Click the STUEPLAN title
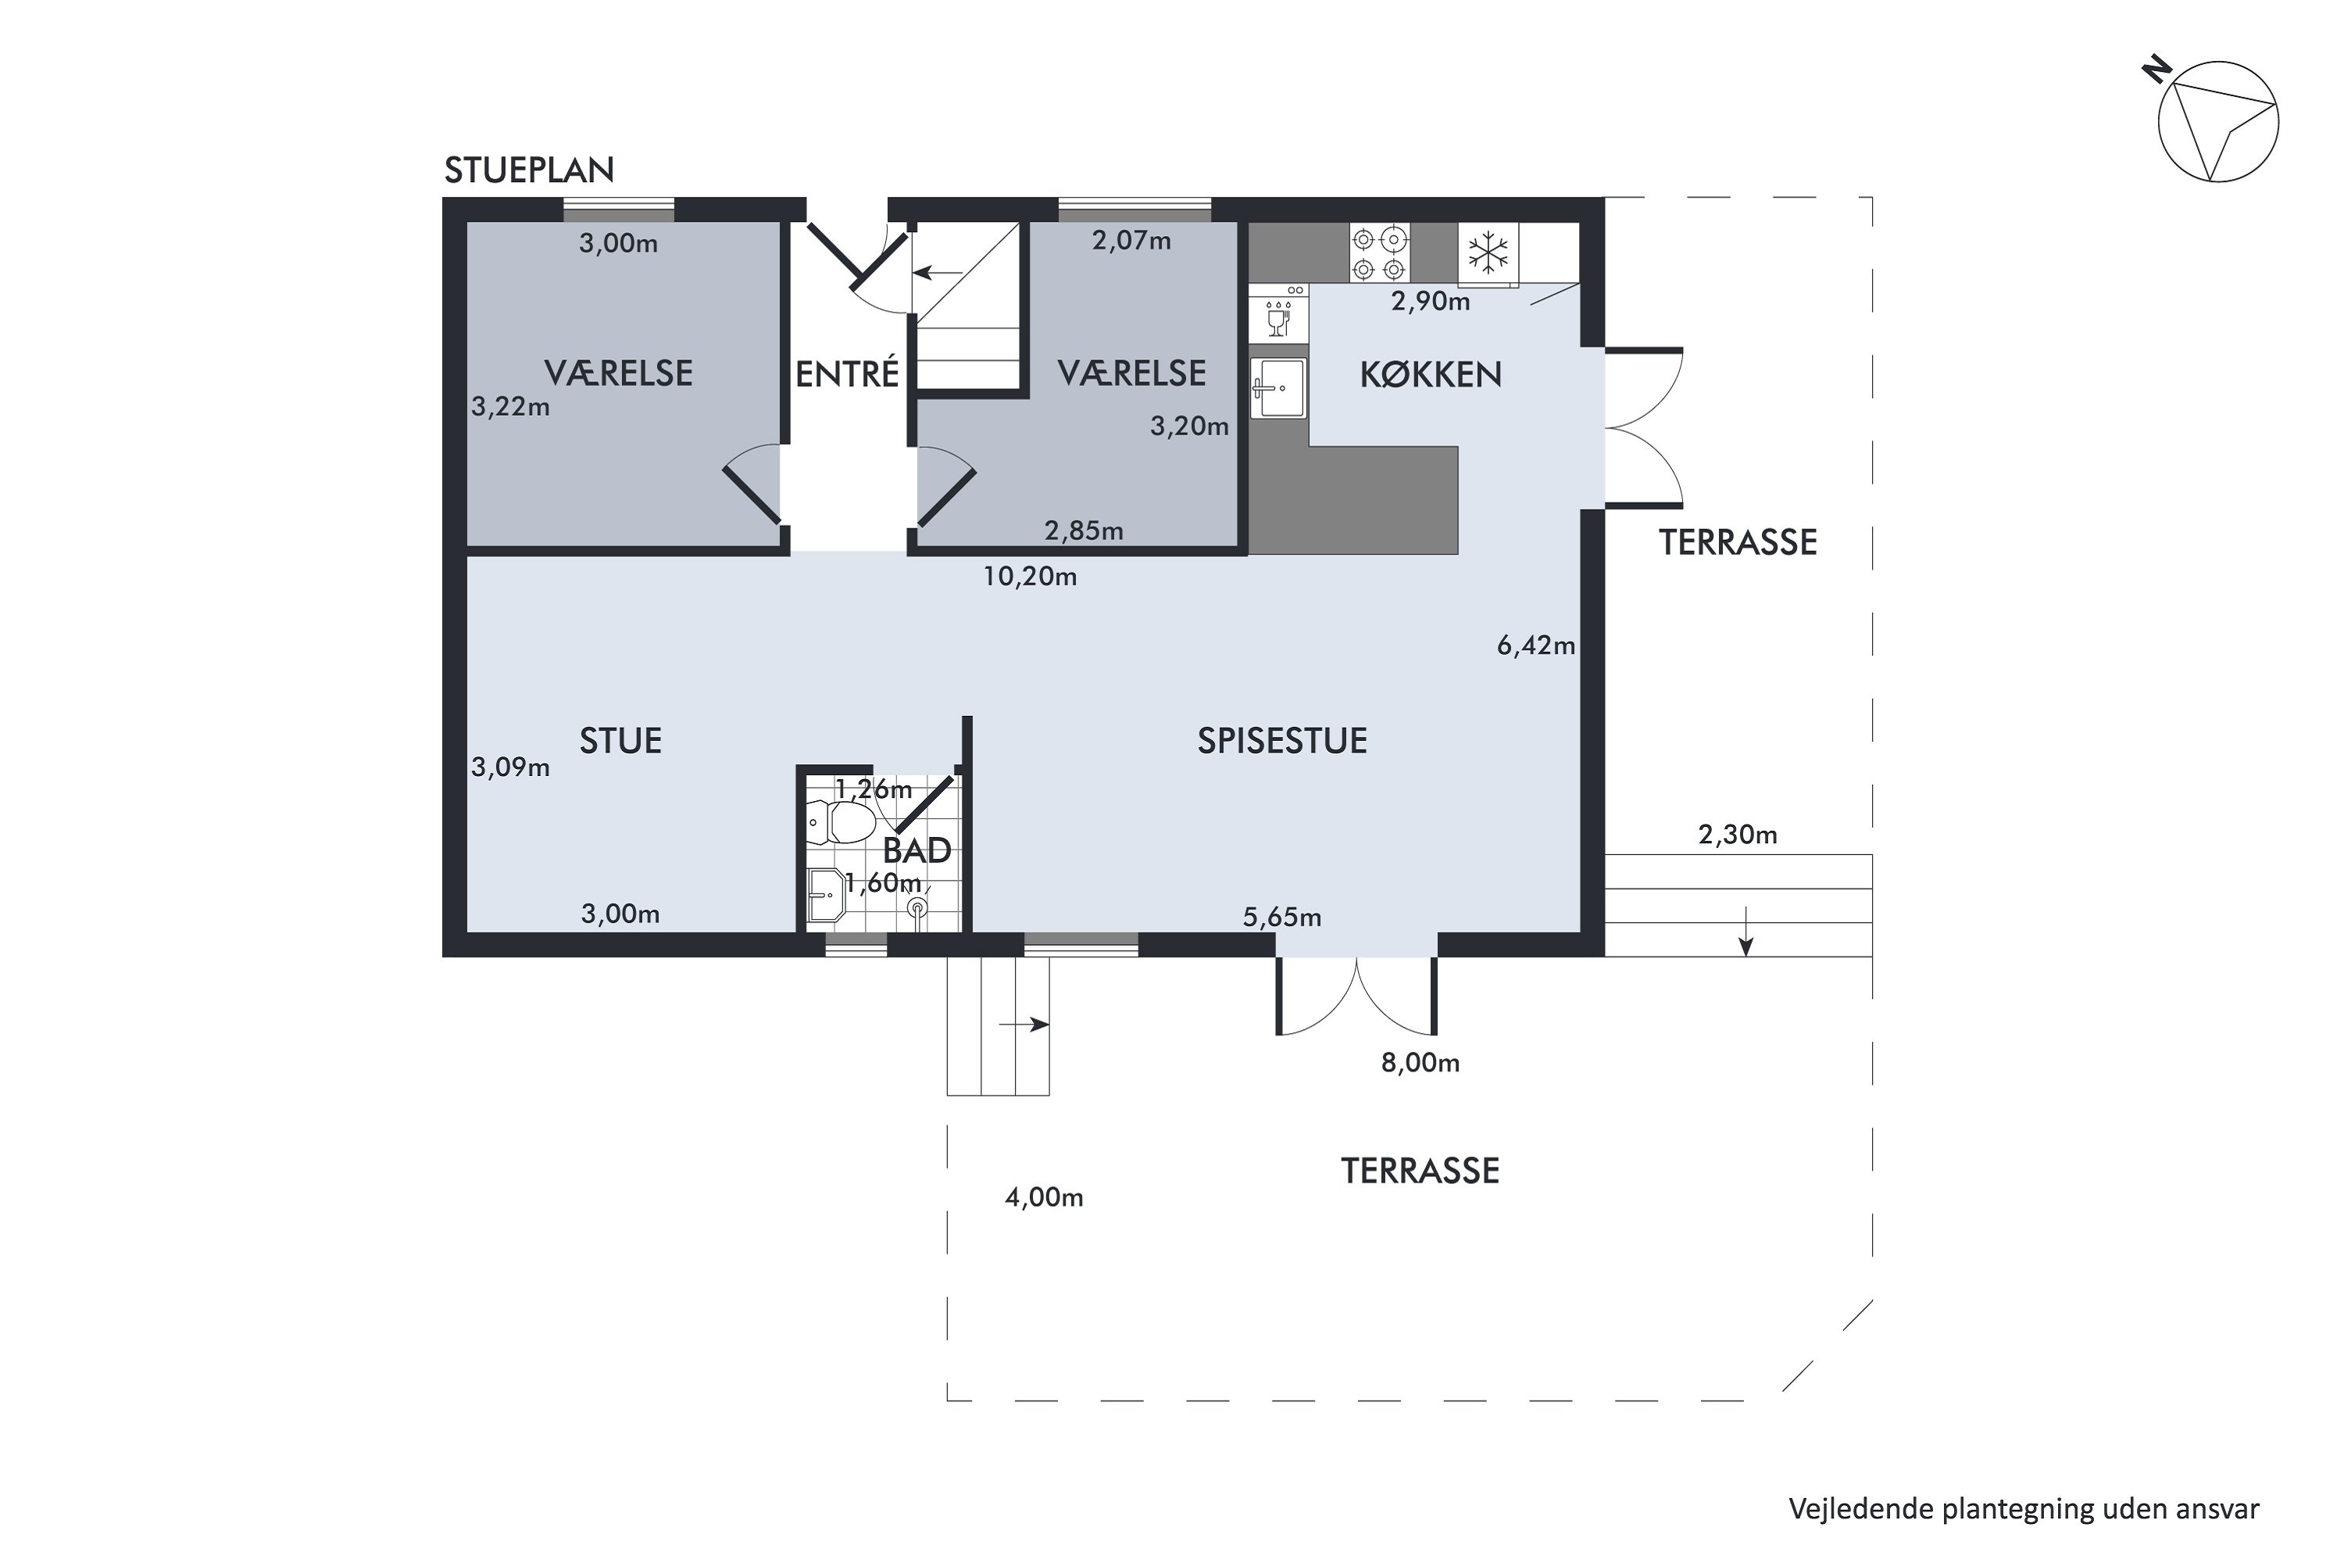pyautogui.click(x=529, y=170)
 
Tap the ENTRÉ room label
pyautogui.click(x=847, y=374)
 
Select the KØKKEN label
pyautogui.click(x=1430, y=375)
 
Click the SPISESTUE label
pyautogui.click(x=1281, y=741)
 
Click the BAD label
pyautogui.click(x=917, y=850)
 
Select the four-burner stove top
pyautogui.click(x=1379, y=253)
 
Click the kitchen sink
pyautogui.click(x=1277, y=388)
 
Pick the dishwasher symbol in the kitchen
pyautogui.click(x=1277, y=314)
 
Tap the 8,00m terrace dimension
pyautogui.click(x=1420, y=1064)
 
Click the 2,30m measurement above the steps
pyautogui.click(x=1738, y=835)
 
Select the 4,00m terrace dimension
pyautogui.click(x=1043, y=1198)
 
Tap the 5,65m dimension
pyautogui.click(x=1281, y=917)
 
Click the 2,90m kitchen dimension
pyautogui.click(x=1430, y=302)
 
